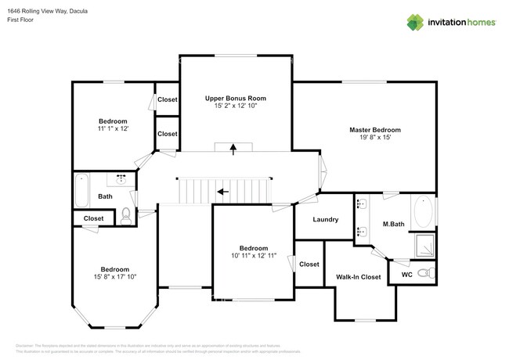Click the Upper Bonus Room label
[x=235, y=99]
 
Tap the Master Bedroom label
[x=374, y=129]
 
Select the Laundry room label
[x=325, y=220]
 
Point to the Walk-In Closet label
[x=358, y=277]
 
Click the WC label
[x=406, y=275]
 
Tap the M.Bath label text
[x=392, y=225]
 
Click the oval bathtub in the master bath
[x=424, y=211]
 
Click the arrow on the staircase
[x=223, y=190]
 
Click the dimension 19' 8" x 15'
[x=374, y=138]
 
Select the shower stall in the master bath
[x=424, y=245]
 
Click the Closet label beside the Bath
[x=93, y=218]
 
